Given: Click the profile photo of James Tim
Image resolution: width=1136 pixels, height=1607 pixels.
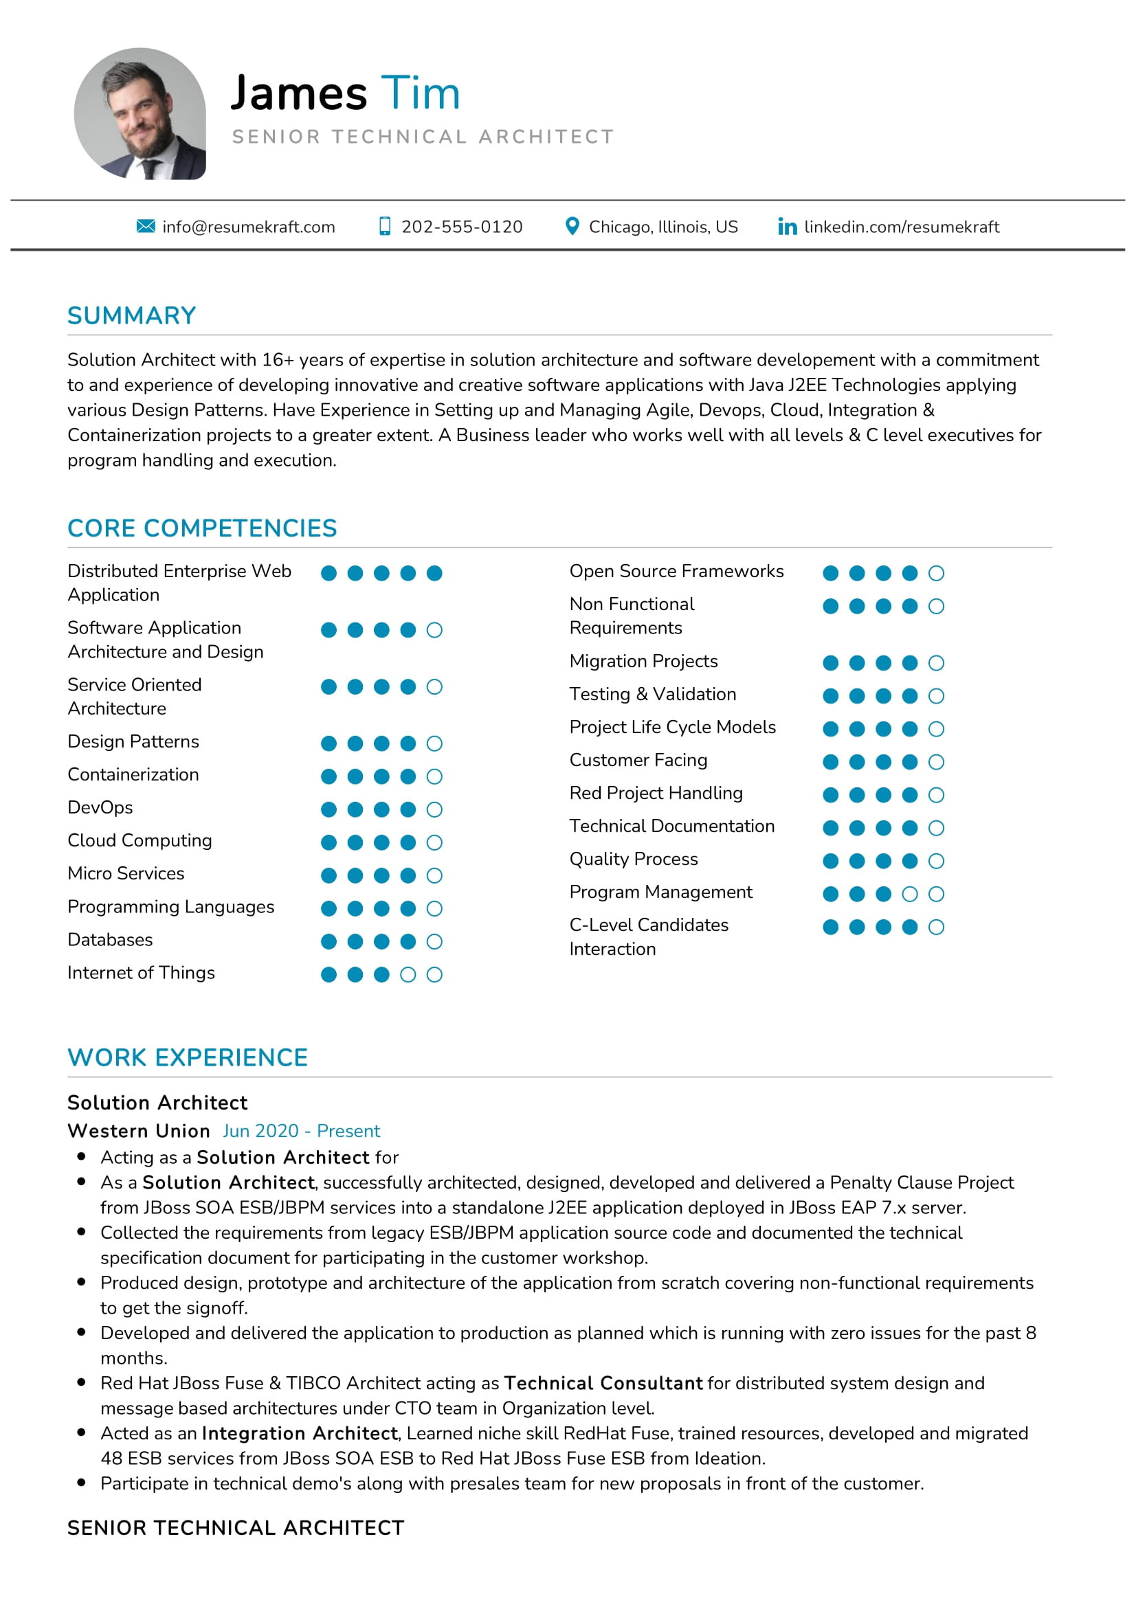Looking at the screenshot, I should (140, 113).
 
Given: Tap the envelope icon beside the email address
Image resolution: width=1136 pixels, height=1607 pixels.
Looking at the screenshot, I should (146, 226).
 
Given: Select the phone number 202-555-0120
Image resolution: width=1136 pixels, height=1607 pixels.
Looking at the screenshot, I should (461, 227).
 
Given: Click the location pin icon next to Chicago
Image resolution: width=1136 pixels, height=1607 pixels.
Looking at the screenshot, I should (572, 226).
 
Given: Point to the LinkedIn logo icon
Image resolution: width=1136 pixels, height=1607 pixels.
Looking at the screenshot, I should (787, 227).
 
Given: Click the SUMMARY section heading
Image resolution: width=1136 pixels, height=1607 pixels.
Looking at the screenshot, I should (131, 315).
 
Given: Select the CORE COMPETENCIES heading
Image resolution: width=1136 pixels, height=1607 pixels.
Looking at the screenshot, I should (201, 528).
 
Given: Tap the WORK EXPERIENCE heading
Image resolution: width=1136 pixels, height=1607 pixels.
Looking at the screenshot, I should (188, 1057).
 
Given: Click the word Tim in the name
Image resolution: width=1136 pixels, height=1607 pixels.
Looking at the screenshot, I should (420, 93).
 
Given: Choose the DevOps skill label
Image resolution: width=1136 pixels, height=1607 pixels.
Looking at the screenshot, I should (100, 808).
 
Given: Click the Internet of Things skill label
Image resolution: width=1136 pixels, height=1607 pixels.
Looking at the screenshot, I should (141, 973).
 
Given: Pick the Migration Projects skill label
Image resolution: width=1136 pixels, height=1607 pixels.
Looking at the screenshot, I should (643, 662).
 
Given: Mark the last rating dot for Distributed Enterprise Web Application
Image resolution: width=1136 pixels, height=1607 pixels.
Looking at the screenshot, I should (434, 573).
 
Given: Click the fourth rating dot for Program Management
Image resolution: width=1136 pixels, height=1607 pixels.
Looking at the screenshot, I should (909, 894).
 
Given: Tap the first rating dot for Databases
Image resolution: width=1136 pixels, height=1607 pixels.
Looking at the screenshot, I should (328, 941).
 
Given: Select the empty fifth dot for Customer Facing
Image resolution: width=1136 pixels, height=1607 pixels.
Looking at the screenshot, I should (936, 761).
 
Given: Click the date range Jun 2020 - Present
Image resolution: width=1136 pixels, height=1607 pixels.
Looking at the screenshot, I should (301, 1131).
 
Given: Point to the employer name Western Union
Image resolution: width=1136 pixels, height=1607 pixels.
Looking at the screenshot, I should (139, 1131).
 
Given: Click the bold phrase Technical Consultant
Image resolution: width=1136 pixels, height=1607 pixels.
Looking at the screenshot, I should (603, 1383).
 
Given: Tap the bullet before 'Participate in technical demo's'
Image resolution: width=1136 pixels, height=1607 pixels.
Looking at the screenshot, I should (82, 1483).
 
